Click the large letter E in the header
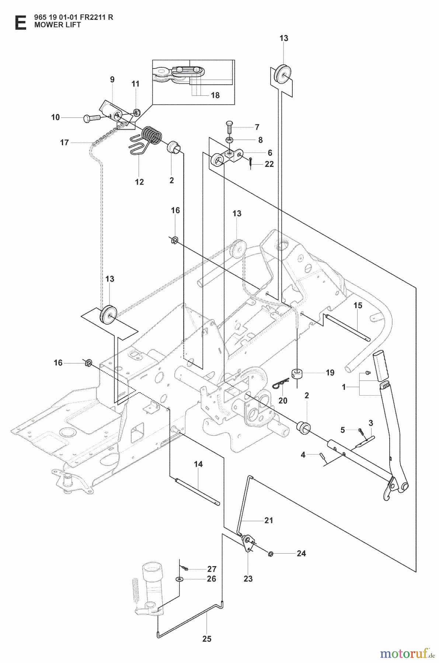20,22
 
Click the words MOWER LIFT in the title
58,25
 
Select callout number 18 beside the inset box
215,95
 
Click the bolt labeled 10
92,118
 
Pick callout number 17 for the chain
65,142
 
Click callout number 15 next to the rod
358,305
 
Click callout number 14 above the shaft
198,464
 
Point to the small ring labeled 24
271,554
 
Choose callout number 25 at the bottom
207,639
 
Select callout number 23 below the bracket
248,579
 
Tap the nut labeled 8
229,140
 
